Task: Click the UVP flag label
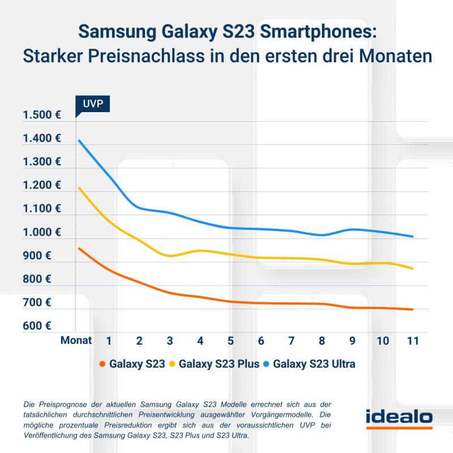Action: (93, 104)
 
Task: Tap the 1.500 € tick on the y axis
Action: (42, 115)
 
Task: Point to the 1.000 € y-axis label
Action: (42, 232)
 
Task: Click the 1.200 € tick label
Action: (42, 185)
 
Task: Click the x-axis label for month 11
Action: (413, 341)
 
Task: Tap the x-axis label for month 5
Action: (230, 341)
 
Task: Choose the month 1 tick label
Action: (109, 341)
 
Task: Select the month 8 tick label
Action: (322, 341)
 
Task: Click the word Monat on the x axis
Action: (76, 341)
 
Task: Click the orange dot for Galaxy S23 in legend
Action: (102, 364)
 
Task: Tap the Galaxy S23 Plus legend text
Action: (216, 364)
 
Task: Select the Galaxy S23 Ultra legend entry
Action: (314, 364)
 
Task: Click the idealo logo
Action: (399, 418)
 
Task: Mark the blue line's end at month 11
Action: (413, 237)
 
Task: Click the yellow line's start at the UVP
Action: (79, 187)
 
